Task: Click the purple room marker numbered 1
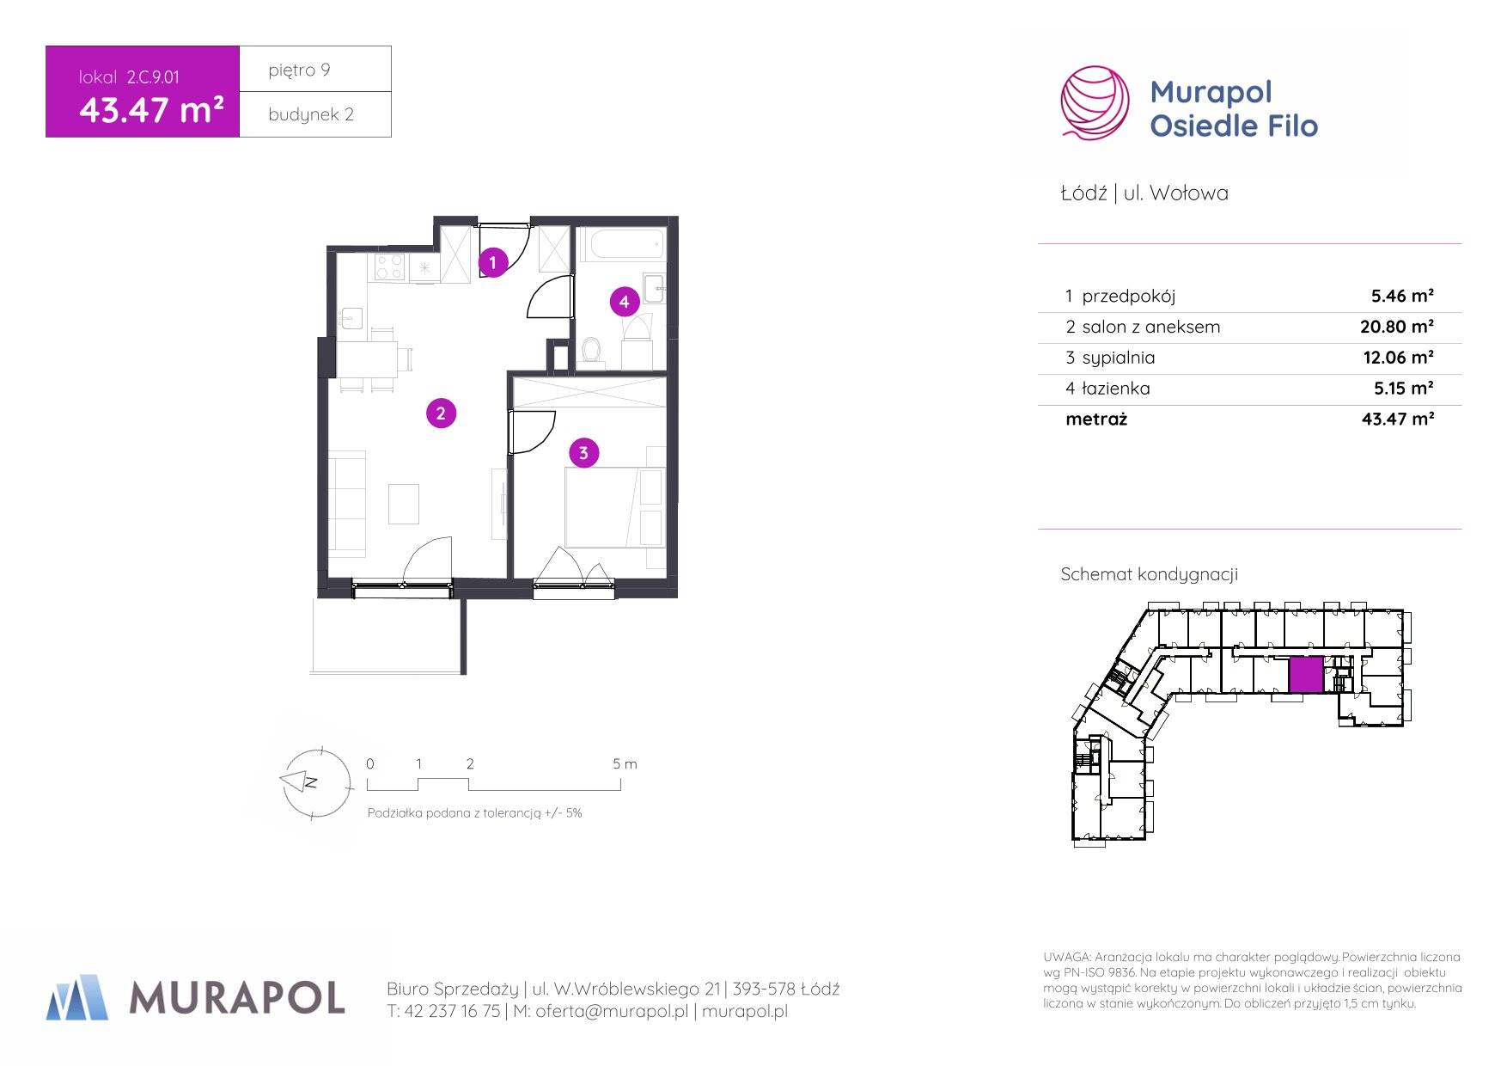coord(492,262)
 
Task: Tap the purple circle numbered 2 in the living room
coord(441,414)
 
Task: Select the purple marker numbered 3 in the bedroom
coord(583,453)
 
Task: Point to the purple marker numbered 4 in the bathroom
coord(624,302)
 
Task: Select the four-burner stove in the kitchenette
coord(388,266)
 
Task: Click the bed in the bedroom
coord(615,506)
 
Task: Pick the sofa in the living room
coord(348,501)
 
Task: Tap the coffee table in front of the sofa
coord(404,504)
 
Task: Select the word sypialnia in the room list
coord(1118,358)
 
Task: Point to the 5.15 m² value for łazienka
coord(1404,389)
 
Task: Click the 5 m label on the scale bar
coord(625,764)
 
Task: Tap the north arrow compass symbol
coord(315,781)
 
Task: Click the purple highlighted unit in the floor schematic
coord(1306,675)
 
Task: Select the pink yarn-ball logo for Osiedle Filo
coord(1094,102)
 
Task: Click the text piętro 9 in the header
coord(299,70)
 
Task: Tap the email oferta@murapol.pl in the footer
coord(612,1012)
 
